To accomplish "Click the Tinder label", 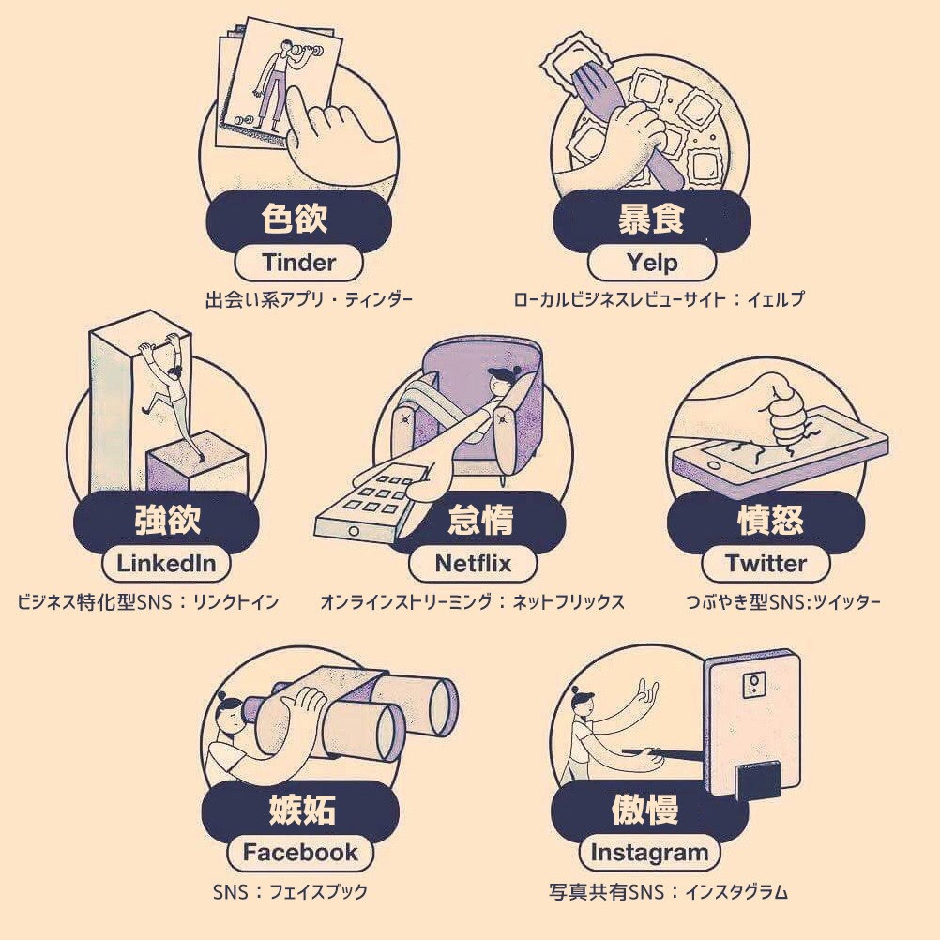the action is tap(298, 263).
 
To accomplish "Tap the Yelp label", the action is tap(652, 263).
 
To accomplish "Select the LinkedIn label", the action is tap(166, 564).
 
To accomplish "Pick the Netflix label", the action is tap(473, 564).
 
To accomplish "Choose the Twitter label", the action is tap(766, 564).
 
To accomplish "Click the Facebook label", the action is tap(300, 853).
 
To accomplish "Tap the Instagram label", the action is tap(649, 853).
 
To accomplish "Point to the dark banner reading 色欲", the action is tap(298, 219).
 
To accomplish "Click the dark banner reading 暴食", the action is tap(652, 219).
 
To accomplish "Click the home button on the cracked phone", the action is tap(713, 465).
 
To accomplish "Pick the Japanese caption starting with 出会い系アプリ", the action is tap(309, 299).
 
